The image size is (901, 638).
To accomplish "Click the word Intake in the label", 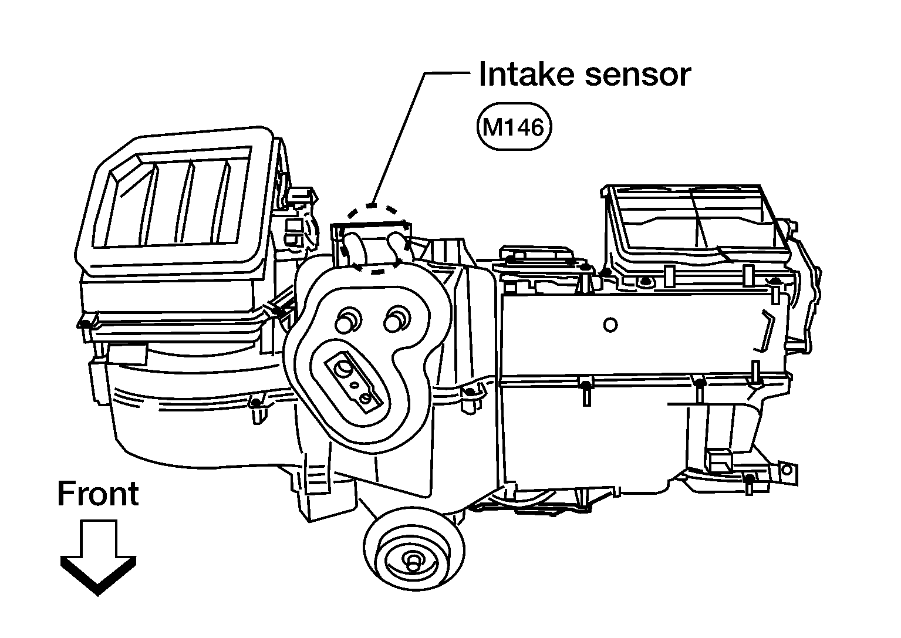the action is (527, 75).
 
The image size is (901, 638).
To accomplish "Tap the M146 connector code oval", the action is (514, 126).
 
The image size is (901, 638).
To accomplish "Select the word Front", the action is (98, 494).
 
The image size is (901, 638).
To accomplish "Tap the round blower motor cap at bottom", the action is (414, 549).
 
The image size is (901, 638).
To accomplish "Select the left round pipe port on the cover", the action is (348, 320).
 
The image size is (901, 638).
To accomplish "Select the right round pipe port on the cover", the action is (396, 318).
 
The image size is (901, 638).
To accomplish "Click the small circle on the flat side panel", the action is (610, 325).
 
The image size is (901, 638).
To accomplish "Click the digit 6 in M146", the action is (535, 127).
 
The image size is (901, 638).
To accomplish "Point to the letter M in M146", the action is (492, 127).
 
